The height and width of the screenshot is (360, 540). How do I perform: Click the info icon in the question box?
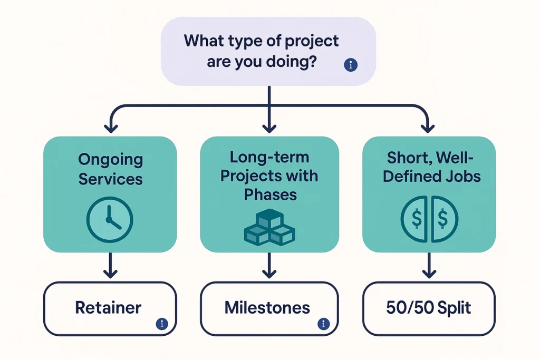350,65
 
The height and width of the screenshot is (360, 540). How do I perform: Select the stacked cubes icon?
269,227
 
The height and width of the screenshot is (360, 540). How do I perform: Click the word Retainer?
109,308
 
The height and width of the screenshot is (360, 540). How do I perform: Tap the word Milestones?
267,308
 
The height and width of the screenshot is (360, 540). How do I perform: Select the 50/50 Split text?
428,308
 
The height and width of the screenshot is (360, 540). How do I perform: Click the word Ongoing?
111,159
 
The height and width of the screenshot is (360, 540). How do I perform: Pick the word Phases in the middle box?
270,194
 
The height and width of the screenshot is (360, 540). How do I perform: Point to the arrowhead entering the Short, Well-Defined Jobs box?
428,128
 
